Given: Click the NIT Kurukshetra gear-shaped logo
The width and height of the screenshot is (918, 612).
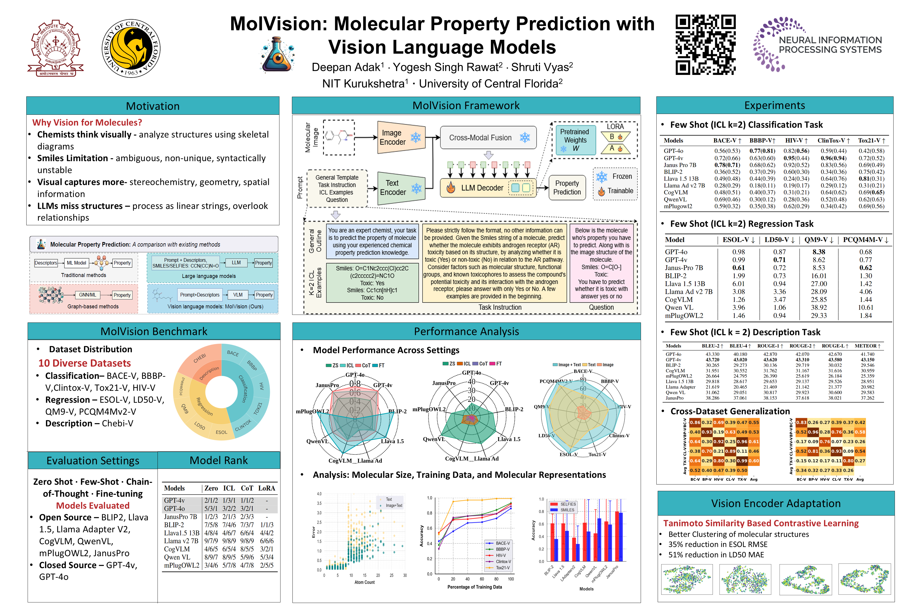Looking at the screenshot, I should (x=56, y=48).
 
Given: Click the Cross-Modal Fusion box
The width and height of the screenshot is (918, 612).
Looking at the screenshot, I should (x=488, y=137).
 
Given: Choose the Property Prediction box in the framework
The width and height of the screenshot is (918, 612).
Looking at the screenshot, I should (x=567, y=188).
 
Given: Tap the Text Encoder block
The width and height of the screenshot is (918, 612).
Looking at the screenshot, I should (x=400, y=188).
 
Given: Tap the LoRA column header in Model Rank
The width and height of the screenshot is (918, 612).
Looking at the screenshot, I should (x=267, y=488).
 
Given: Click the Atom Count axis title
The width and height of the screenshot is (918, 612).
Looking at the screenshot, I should (x=364, y=582).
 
